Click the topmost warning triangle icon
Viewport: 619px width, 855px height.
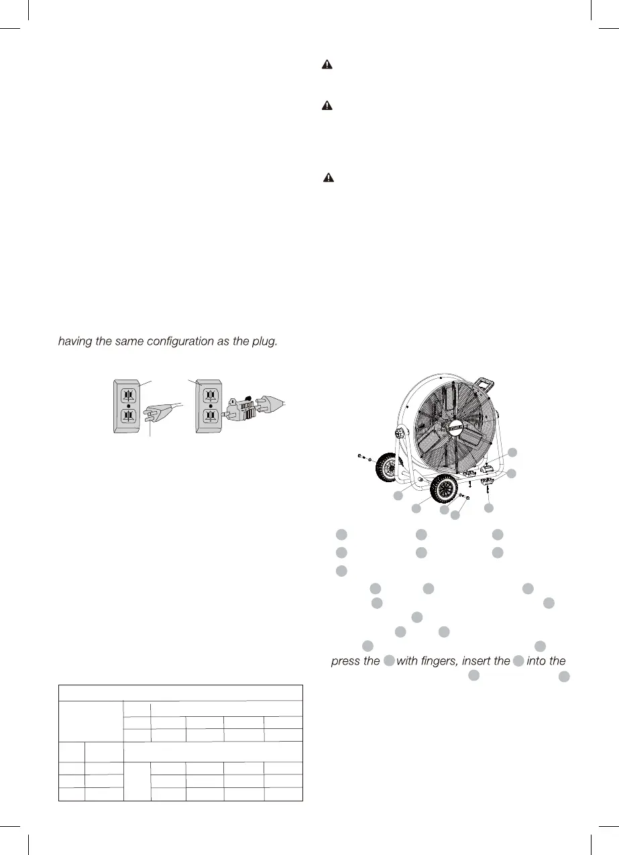click(x=327, y=65)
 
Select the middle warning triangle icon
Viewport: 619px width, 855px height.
click(x=327, y=106)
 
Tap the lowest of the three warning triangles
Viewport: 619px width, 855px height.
click(x=328, y=178)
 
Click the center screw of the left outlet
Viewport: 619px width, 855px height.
click(x=128, y=406)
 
